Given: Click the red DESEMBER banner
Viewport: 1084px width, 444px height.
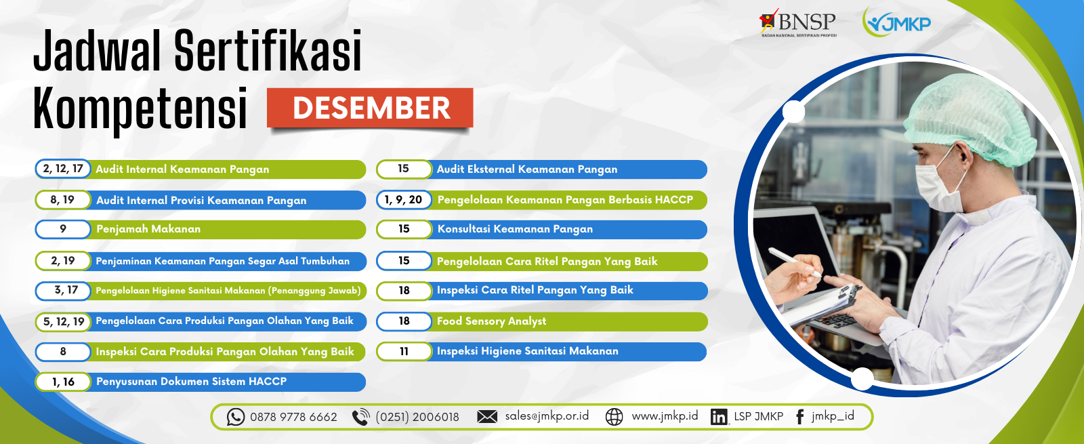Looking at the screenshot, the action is [370, 108].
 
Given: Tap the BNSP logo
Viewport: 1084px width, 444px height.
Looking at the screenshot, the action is [797, 23].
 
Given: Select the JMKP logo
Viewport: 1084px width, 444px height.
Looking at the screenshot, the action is [897, 22].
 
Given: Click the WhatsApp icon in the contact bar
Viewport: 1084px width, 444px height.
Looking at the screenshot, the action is [236, 417].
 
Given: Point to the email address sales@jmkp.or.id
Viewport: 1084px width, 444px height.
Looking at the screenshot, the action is [547, 416].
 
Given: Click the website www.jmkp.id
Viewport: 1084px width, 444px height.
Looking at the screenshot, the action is [665, 416].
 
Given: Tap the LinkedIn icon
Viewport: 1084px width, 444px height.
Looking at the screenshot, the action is [719, 417].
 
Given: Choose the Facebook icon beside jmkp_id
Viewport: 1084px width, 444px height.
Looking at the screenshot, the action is [800, 417].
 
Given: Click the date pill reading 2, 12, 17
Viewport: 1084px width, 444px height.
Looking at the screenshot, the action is [63, 169].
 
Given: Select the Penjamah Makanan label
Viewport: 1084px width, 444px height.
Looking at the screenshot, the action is [148, 229].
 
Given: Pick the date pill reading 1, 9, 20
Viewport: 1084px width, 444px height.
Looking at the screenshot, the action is [404, 199].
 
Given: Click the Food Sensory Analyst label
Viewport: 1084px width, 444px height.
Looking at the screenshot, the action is [491, 321].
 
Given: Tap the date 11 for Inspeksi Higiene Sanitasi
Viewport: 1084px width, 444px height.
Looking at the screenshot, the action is [404, 352].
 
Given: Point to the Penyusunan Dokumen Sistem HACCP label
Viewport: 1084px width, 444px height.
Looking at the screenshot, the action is [192, 382].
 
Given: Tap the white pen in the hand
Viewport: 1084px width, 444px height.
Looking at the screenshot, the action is [794, 262].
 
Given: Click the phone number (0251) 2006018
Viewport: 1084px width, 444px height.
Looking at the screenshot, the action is [417, 417].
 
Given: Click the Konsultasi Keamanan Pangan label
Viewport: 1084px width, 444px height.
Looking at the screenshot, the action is [515, 229].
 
